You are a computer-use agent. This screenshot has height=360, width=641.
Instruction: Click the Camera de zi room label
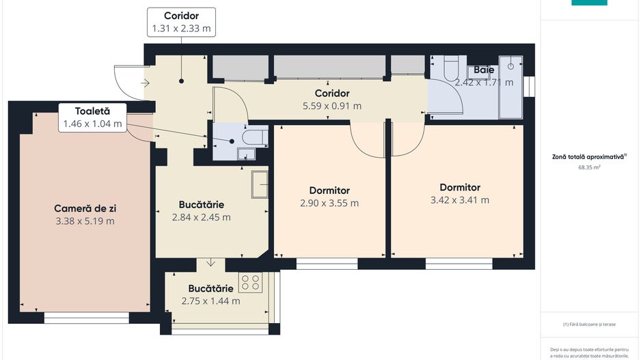click(x=85, y=208)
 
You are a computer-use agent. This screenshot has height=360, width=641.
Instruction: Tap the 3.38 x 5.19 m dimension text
click(x=85, y=221)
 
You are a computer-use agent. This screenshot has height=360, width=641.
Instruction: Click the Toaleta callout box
click(x=92, y=117)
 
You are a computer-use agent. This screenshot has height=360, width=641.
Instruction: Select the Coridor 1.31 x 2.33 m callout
click(x=181, y=23)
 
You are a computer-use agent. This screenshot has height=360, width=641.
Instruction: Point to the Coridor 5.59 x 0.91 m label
click(x=331, y=100)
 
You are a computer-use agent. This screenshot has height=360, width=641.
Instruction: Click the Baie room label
click(x=484, y=70)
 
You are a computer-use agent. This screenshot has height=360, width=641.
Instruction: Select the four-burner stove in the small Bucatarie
click(x=251, y=282)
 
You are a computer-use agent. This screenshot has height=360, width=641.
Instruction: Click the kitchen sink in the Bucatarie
click(x=260, y=183)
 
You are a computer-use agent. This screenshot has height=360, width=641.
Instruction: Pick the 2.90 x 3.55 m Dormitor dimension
click(x=329, y=203)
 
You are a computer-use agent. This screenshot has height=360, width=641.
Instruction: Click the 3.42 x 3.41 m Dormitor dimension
click(x=459, y=200)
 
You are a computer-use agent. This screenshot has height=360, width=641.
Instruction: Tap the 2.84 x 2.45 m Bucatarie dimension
click(x=202, y=217)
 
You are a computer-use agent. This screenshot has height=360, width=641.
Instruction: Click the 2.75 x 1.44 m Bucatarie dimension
click(x=210, y=301)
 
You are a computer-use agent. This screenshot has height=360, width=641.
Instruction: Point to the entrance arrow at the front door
click(x=146, y=83)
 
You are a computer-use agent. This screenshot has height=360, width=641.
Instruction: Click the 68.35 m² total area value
click(x=589, y=166)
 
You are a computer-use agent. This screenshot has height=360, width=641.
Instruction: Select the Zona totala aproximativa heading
click(x=588, y=156)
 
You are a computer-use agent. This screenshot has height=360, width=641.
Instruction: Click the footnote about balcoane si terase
click(x=588, y=324)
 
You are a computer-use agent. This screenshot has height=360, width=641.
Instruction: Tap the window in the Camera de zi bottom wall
click(x=86, y=317)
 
